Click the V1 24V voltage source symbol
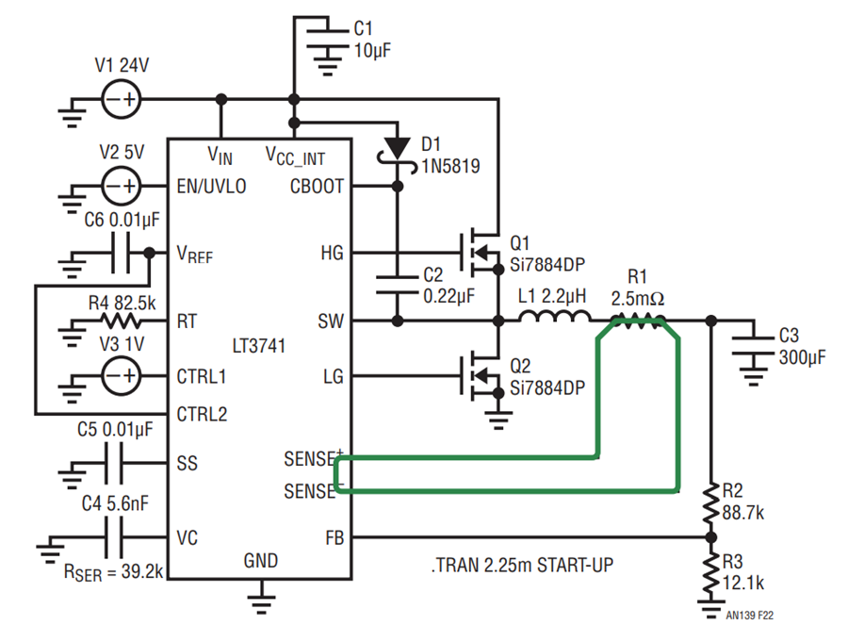[122, 99]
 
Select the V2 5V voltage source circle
[122, 187]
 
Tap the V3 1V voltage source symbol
[122, 375]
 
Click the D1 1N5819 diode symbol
[397, 149]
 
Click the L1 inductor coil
[554, 316]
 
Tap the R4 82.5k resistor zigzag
[122, 321]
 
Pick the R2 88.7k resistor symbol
[710, 502]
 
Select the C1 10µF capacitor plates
[327, 39]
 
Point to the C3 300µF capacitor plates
[753, 346]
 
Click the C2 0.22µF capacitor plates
[397, 285]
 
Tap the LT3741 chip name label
[258, 346]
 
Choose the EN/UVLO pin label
[211, 187]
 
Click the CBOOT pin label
[317, 187]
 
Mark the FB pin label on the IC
[334, 538]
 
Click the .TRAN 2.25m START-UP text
[522, 565]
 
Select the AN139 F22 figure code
[750, 616]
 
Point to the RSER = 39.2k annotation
[114, 572]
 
